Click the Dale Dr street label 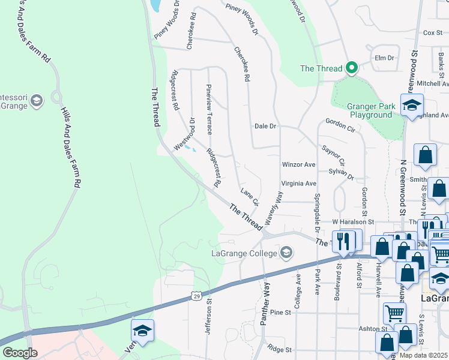(x=265, y=127)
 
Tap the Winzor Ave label (x=298, y=164)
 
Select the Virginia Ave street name (x=298, y=184)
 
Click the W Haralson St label (x=353, y=222)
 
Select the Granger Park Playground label (x=371, y=110)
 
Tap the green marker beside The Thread (x=351, y=68)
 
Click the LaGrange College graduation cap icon (x=286, y=253)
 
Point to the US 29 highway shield (x=196, y=295)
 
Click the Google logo (x=20, y=352)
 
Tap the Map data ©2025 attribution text (x=423, y=355)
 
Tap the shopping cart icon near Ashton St (x=394, y=312)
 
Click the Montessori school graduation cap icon (x=36, y=100)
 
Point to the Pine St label (x=280, y=313)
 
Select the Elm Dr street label (x=384, y=58)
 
